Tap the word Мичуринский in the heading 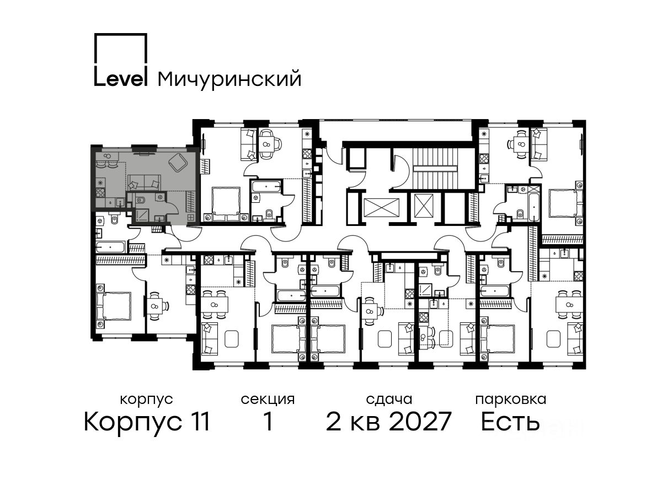[229, 79]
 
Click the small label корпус [147, 400]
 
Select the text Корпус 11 [147, 422]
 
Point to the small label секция [268, 400]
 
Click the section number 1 [268, 421]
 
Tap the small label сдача [389, 400]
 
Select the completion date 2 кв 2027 [389, 422]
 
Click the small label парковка [511, 400]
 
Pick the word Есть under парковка [510, 422]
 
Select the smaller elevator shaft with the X [424, 206]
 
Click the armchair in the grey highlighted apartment [179, 163]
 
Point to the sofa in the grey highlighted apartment [144, 182]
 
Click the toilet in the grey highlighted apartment [141, 199]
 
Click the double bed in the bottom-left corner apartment [114, 306]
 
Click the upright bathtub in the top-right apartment [534, 207]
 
